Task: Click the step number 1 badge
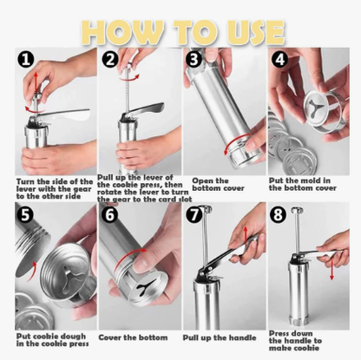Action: [x=26, y=59]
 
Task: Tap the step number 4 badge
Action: [x=279, y=60]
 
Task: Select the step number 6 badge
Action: [x=110, y=214]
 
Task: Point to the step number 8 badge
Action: [x=278, y=214]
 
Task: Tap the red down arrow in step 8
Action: [x=331, y=269]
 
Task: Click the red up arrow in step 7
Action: [x=246, y=235]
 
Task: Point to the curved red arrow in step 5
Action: [x=32, y=271]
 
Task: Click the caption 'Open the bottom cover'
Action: [x=218, y=185]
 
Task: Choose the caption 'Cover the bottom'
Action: [x=133, y=337]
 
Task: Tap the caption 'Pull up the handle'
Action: [x=220, y=337]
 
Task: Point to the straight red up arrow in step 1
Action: [x=36, y=83]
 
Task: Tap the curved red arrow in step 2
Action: [x=129, y=77]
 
